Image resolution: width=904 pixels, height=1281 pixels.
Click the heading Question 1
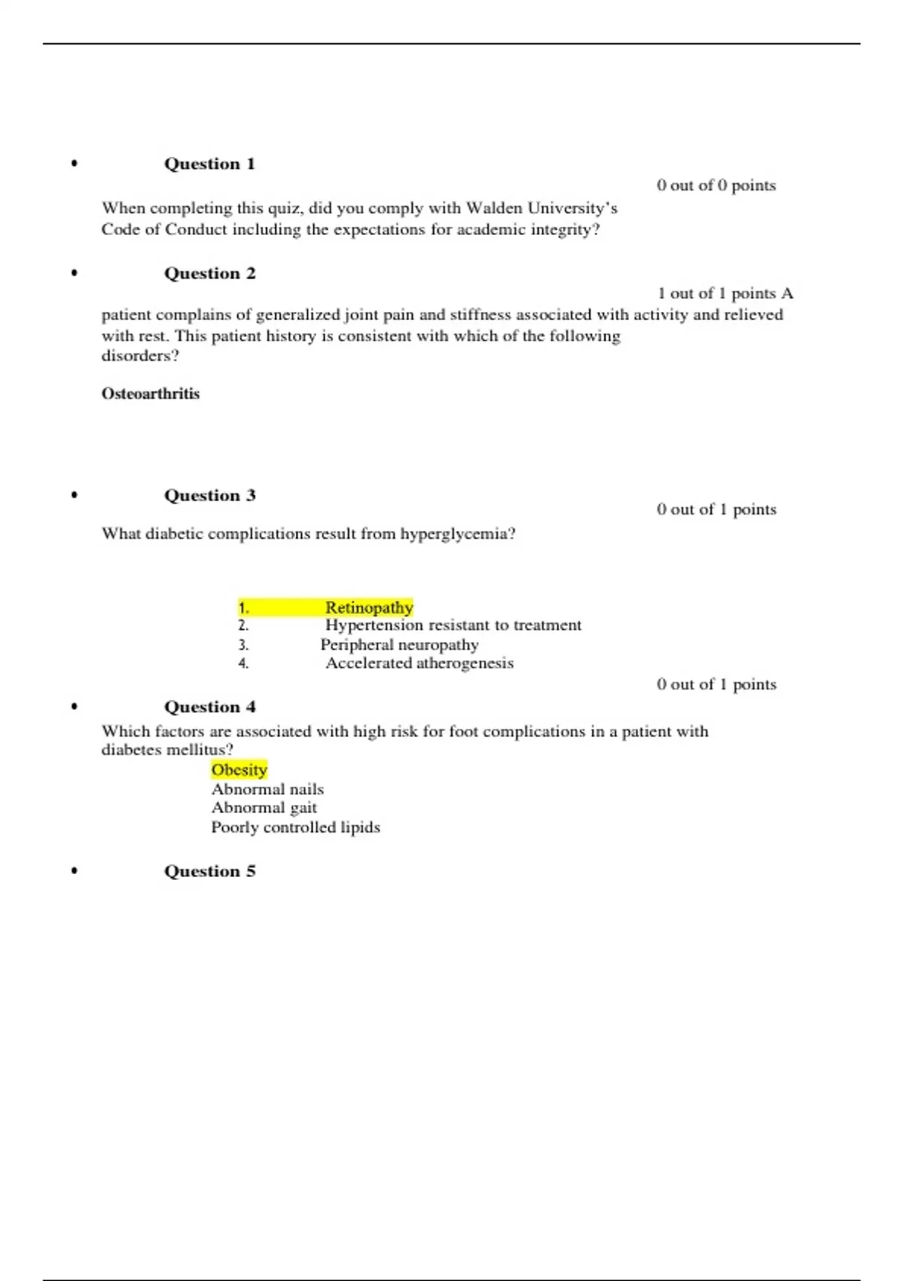[209, 164]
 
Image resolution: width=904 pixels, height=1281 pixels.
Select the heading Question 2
[209, 274]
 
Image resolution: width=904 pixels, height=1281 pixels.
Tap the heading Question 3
[209, 496]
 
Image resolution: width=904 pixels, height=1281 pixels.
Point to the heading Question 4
[209, 707]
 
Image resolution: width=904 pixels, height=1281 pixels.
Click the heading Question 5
[209, 871]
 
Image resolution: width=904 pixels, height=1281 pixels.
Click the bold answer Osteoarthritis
[151, 394]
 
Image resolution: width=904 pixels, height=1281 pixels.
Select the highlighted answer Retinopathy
[369, 607]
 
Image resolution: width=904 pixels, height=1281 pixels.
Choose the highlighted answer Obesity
[240, 770]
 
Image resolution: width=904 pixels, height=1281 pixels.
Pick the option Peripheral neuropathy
[399, 645]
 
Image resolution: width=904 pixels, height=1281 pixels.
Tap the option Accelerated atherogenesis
[420, 663]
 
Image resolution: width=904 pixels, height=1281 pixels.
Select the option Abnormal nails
[267, 790]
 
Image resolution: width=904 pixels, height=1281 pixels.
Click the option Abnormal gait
[264, 808]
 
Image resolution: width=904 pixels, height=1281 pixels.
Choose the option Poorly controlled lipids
[295, 827]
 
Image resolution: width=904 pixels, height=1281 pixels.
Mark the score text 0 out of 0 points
[716, 185]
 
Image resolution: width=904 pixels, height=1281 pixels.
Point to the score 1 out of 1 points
[716, 294]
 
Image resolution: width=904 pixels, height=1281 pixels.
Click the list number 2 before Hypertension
[243, 626]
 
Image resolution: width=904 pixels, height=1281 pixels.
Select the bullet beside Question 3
[74, 496]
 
